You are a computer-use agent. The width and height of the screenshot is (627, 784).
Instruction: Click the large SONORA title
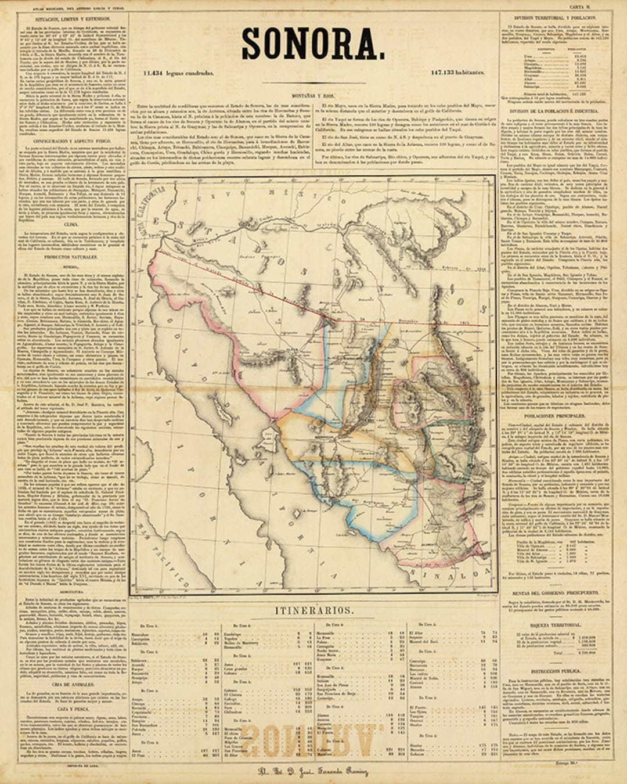[313, 43]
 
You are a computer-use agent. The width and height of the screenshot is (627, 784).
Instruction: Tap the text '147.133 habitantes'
[457, 73]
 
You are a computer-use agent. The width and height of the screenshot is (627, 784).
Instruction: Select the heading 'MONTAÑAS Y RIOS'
[313, 95]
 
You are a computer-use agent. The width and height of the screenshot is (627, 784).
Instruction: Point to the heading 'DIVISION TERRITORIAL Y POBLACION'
[549, 19]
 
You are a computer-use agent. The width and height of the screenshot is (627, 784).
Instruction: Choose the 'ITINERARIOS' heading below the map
[313, 611]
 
